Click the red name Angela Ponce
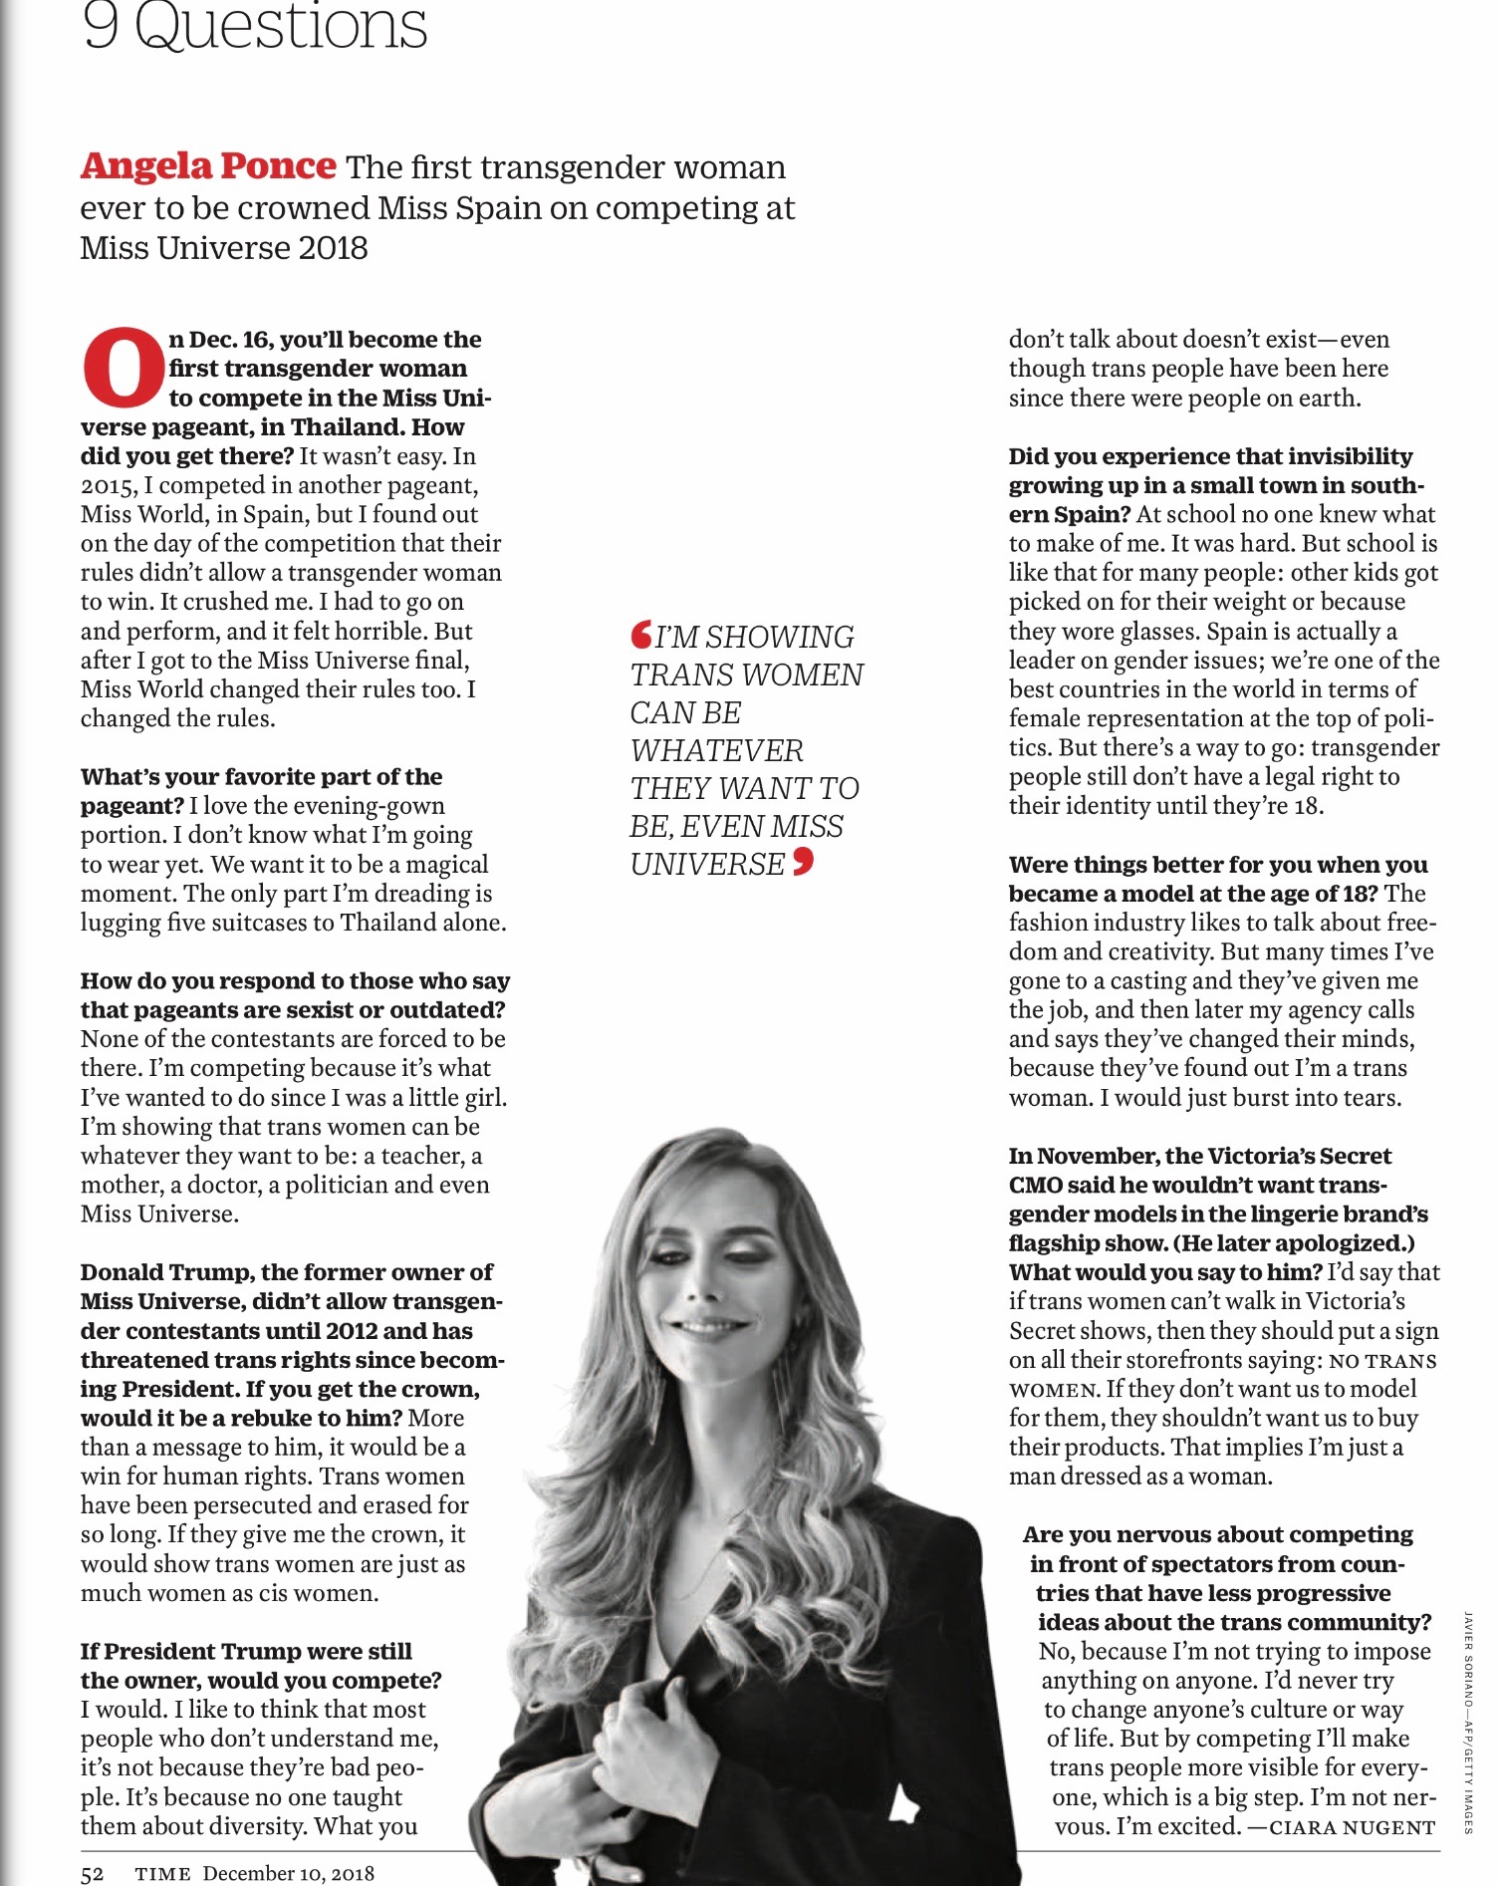pos(208,166)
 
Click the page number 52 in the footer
pos(92,1873)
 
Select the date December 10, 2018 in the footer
pos(289,1873)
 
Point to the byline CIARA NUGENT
pos(1352,1826)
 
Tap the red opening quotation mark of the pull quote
pos(640,634)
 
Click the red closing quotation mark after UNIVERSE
pos(803,862)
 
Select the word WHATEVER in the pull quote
pos(716,750)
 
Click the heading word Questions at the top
pos(281,26)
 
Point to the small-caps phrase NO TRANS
pos(1382,1361)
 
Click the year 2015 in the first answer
pos(105,485)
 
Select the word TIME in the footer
pos(162,1873)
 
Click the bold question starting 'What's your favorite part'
pos(261,777)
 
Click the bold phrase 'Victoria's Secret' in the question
pos(1299,1156)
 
